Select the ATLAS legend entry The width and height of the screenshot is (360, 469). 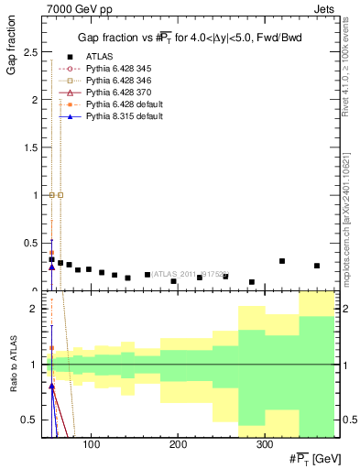pyautogui.click(x=100, y=57)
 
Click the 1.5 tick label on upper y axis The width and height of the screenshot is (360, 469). pyautogui.click(x=31, y=147)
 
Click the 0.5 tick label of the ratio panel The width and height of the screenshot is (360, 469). pyautogui.click(x=31, y=420)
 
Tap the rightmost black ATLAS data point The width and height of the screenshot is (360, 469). pyautogui.click(x=317, y=266)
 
